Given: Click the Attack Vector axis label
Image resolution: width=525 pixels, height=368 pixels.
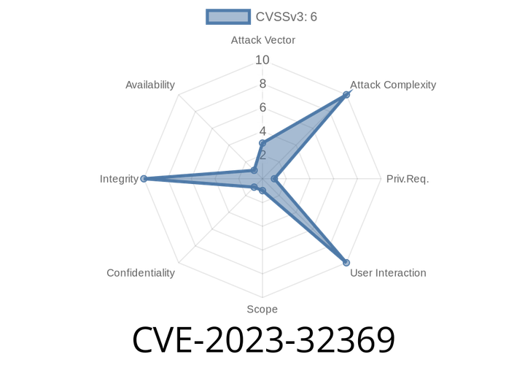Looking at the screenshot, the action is [262, 40].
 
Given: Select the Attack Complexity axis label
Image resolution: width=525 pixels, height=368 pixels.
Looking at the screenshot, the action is [393, 85].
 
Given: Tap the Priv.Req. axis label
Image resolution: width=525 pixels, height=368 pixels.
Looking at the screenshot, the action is [408, 179].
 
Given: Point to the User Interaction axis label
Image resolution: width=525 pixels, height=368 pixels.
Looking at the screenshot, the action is [388, 273].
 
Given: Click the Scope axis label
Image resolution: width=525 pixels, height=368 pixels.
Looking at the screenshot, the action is [262, 309].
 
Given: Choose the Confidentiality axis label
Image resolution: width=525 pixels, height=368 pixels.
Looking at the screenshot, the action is [141, 273].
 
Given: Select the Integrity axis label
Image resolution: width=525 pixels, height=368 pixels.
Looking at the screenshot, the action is [119, 179].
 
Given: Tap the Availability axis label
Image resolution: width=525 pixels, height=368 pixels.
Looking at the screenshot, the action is [150, 85].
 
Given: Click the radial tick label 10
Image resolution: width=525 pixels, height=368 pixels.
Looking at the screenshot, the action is [262, 60].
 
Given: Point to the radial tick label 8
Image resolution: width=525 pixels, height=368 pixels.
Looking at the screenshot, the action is [262, 84].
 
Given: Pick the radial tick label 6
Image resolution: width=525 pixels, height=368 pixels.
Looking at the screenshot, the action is [262, 107].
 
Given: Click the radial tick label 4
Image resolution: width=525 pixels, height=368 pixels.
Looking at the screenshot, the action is [262, 131].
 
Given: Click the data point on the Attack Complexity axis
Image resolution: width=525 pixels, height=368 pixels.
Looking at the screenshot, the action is [346, 95].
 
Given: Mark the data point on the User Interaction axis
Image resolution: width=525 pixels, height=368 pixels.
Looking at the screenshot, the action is [346, 262].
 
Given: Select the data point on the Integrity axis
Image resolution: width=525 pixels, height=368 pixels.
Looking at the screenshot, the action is [144, 179].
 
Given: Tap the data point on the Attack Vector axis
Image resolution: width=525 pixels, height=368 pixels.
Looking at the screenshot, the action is [262, 143].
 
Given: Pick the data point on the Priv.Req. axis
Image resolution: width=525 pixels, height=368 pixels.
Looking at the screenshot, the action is [274, 179].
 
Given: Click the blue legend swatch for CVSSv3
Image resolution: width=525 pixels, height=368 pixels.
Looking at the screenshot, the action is [228, 17].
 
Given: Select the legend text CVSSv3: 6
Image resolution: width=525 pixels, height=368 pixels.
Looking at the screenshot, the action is [287, 17].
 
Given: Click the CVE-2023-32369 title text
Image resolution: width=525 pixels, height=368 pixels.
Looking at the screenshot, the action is [264, 340].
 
